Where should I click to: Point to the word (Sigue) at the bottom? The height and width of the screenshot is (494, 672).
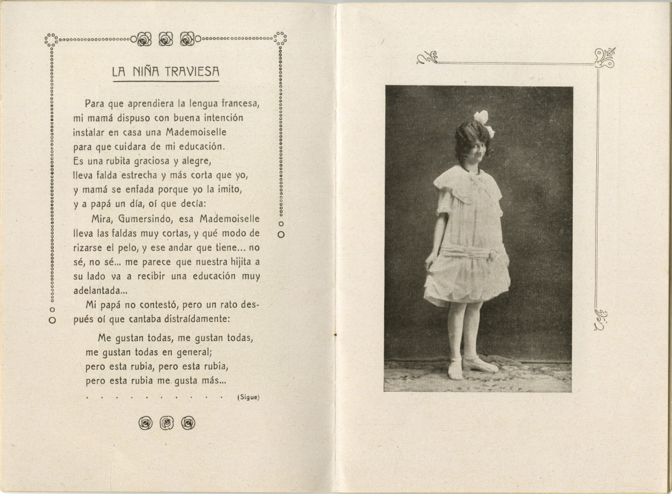[249, 397]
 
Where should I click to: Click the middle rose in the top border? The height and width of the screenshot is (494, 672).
[166, 39]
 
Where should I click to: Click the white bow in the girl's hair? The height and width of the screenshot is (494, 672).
[484, 123]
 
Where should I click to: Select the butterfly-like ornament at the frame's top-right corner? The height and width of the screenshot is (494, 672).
[604, 58]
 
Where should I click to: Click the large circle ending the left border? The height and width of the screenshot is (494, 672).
[52, 321]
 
